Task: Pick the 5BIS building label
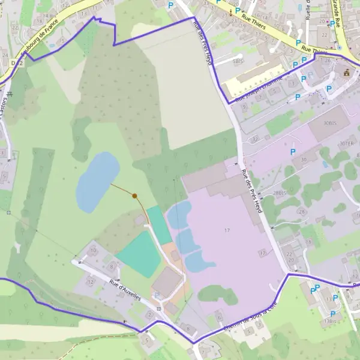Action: (238, 61)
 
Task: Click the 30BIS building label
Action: (330, 122)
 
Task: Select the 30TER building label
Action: (347, 144)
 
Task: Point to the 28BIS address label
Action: (280, 193)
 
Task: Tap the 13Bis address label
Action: (329, 321)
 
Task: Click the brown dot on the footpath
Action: (135, 196)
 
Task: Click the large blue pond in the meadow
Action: (96, 181)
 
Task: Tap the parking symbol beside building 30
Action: (293, 152)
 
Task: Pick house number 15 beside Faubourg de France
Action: (62, 41)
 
